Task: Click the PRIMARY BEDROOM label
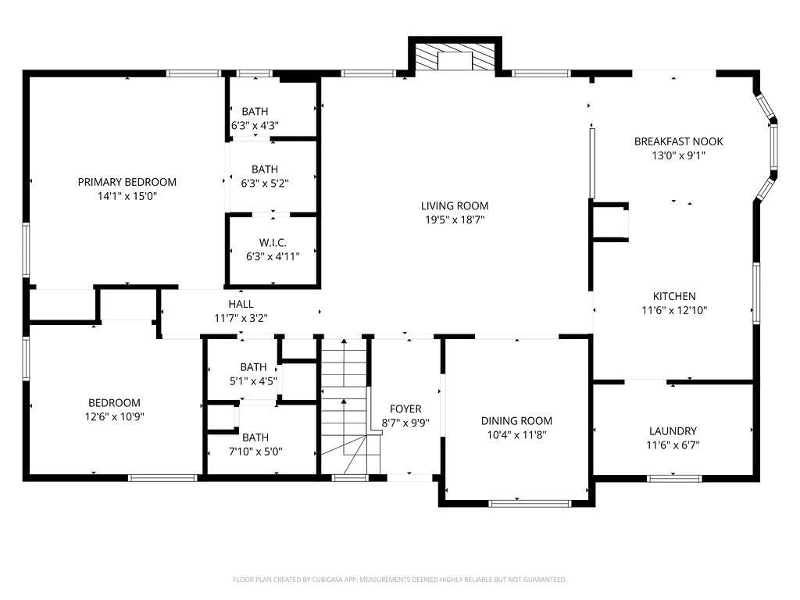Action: click(x=127, y=182)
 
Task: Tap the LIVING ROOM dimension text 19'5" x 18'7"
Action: click(x=455, y=220)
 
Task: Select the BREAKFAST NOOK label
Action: click(x=679, y=141)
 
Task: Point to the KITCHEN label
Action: click(x=674, y=296)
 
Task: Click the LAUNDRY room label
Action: click(x=673, y=431)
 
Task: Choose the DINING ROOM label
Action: click(x=516, y=421)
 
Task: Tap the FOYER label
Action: click(x=405, y=409)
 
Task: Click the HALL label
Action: click(x=241, y=304)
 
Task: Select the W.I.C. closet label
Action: click(x=273, y=243)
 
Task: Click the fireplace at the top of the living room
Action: click(x=455, y=57)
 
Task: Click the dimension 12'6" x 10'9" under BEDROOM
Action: click(x=114, y=417)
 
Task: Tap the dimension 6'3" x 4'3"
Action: click(x=255, y=126)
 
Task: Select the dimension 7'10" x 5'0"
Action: click(x=255, y=452)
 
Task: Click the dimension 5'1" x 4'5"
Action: click(x=253, y=381)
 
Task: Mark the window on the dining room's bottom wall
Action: click(x=530, y=504)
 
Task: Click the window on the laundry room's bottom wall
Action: click(x=674, y=479)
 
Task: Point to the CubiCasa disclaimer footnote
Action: click(x=399, y=580)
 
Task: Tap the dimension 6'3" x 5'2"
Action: click(x=265, y=183)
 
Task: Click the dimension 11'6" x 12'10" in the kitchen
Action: click(x=674, y=310)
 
